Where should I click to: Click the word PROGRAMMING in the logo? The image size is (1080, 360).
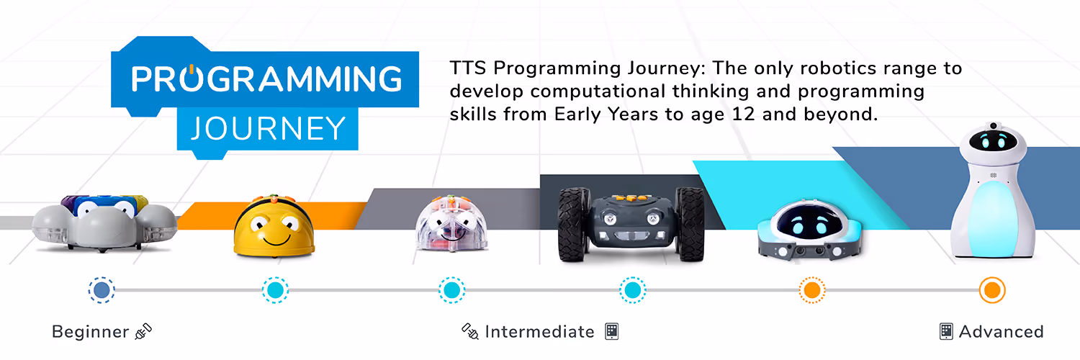pyautogui.click(x=266, y=78)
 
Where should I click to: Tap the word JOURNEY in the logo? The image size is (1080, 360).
pyautogui.click(x=268, y=129)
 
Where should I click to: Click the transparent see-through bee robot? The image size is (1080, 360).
pyautogui.click(x=451, y=223)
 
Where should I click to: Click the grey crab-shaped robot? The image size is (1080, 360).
pyautogui.click(x=104, y=223)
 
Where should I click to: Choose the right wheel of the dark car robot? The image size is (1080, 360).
pyautogui.click(x=690, y=225)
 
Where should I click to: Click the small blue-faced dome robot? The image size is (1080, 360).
pyautogui.click(x=809, y=230)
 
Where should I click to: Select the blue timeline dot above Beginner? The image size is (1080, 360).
pyautogui.click(x=102, y=290)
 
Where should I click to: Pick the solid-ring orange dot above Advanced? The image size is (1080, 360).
pyautogui.click(x=991, y=290)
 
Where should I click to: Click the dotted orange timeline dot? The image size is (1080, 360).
pyautogui.click(x=812, y=290)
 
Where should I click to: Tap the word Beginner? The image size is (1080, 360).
pyautogui.click(x=90, y=332)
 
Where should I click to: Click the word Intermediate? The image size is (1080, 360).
pyautogui.click(x=539, y=332)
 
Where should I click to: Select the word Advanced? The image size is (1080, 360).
pyautogui.click(x=1001, y=332)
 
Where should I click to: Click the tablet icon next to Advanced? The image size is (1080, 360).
pyautogui.click(x=946, y=332)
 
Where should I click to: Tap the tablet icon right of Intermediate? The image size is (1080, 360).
pyautogui.click(x=612, y=332)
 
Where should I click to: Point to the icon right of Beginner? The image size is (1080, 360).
pyautogui.click(x=143, y=332)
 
